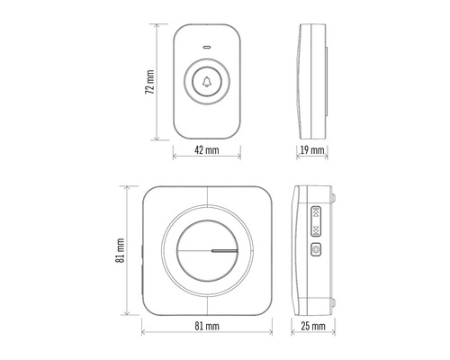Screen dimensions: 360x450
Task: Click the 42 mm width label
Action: click(x=207, y=150)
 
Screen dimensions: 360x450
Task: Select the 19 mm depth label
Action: click(x=312, y=150)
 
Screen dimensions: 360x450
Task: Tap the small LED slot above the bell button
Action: click(x=208, y=45)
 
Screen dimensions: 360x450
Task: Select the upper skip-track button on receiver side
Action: click(x=316, y=214)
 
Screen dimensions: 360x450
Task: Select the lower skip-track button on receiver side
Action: click(x=316, y=230)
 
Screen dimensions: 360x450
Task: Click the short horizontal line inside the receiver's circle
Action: click(x=224, y=249)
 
